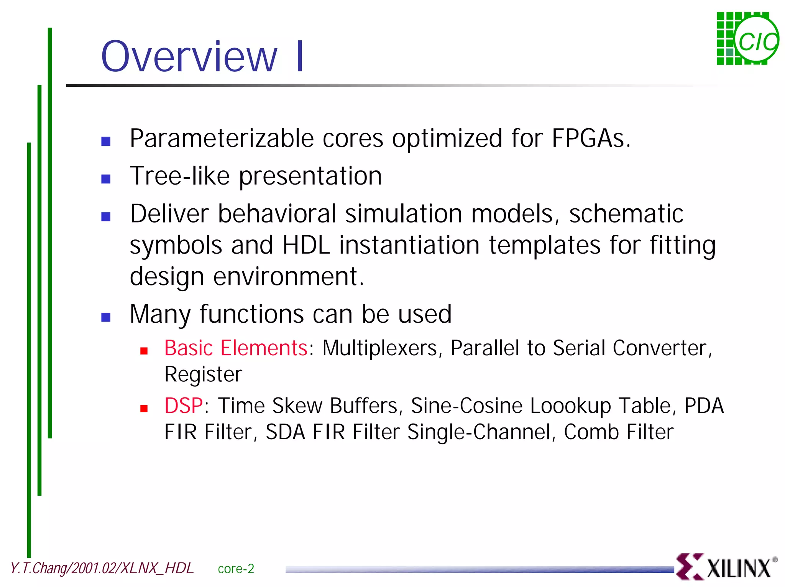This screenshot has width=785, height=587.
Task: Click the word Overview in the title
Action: [x=189, y=57]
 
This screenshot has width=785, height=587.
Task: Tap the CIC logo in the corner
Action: [x=747, y=39]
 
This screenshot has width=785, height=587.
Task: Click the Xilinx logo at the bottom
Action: [x=727, y=567]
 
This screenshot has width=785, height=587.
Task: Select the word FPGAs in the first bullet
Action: [x=590, y=138]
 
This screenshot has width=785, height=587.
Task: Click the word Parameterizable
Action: [x=222, y=139]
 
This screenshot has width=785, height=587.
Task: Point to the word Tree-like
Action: [x=180, y=176]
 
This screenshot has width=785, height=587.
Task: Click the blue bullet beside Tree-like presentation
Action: [x=106, y=179]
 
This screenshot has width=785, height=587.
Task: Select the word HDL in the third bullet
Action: [x=306, y=245]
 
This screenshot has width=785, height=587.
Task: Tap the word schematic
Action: [x=626, y=214]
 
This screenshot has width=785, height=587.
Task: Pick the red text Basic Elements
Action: [x=236, y=348]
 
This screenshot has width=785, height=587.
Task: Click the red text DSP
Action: [x=184, y=406]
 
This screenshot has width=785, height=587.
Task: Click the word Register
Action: [x=203, y=374]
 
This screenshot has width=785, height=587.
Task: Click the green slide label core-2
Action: [x=236, y=569]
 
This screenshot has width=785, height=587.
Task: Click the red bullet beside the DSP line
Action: [x=144, y=409]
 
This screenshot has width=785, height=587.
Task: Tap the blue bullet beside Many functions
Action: [x=106, y=317]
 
